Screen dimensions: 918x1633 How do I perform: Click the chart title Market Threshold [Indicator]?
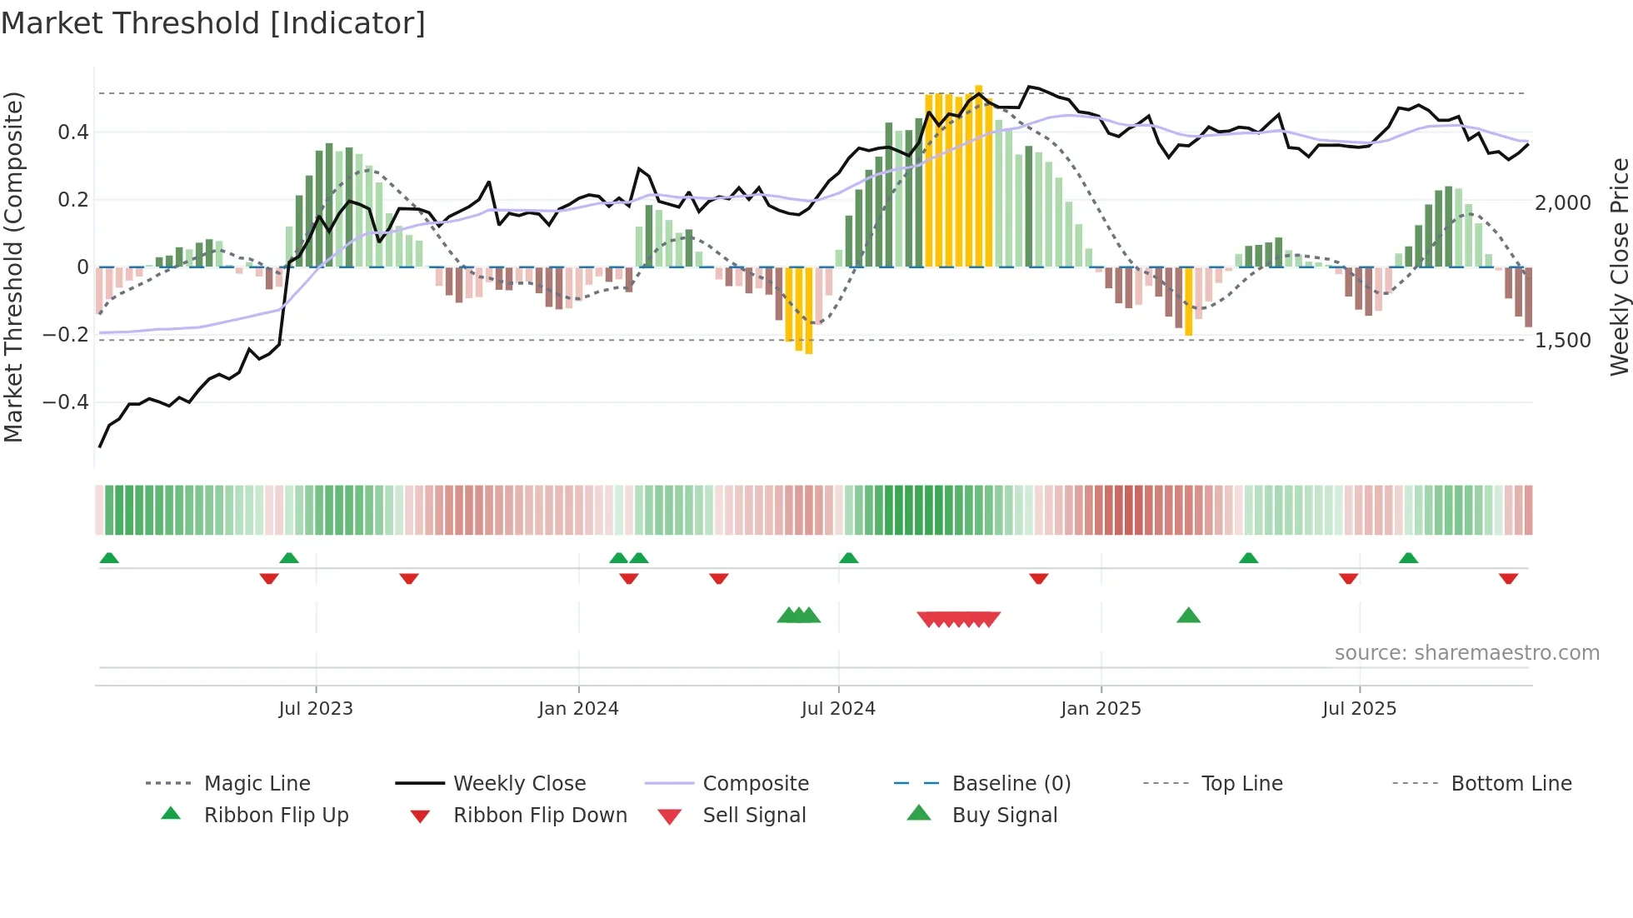[x=213, y=23]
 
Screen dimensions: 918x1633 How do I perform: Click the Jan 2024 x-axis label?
[x=578, y=708]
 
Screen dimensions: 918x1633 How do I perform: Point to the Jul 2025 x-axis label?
[x=1359, y=708]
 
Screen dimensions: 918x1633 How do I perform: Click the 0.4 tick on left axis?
[x=73, y=132]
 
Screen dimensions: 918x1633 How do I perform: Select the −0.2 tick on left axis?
[x=66, y=335]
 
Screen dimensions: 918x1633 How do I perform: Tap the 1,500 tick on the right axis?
[x=1562, y=340]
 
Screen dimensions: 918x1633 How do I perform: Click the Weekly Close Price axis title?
[x=1619, y=267]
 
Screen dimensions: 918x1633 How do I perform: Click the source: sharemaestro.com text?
[x=1466, y=652]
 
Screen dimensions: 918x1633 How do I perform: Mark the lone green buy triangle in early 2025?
[x=1188, y=616]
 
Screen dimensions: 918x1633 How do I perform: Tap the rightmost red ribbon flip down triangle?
[x=1508, y=578]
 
